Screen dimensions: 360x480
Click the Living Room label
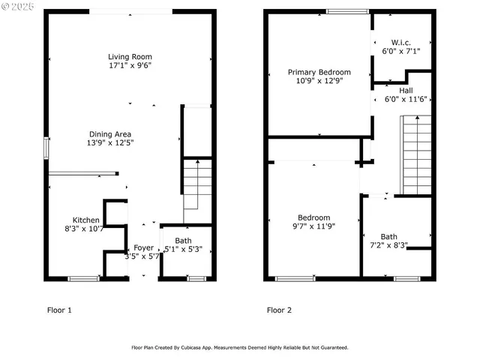tap(130, 56)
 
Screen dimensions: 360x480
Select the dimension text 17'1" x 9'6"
tap(130, 65)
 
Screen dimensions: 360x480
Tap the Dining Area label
tap(110, 134)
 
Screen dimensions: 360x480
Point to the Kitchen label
tap(85, 220)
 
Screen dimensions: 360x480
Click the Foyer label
tap(143, 247)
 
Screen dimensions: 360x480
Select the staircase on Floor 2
tap(416, 154)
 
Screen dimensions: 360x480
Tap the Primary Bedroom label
tap(319, 72)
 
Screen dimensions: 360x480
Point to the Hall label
tap(405, 90)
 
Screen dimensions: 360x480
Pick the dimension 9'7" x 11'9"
tap(313, 226)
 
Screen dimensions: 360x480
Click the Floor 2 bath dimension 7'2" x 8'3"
tap(389, 245)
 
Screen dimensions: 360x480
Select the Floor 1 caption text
tap(59, 309)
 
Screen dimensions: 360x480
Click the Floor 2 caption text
tap(280, 309)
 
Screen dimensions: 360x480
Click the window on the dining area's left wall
tap(46, 148)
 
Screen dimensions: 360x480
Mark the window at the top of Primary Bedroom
tap(347, 11)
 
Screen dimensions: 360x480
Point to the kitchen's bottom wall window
tap(83, 278)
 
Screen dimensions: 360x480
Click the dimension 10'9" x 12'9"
tap(319, 81)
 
